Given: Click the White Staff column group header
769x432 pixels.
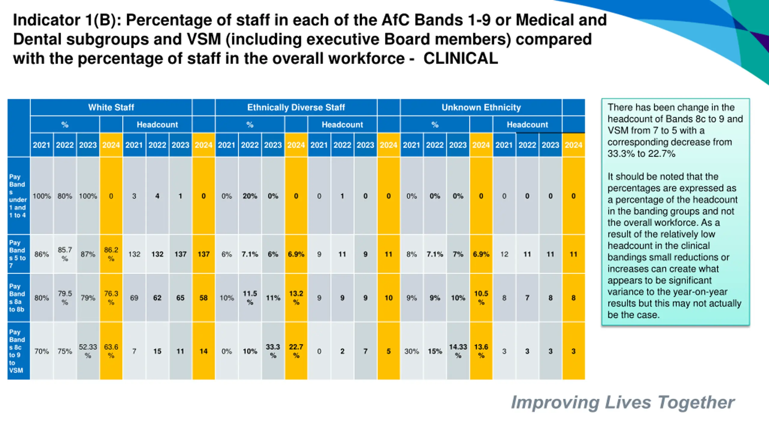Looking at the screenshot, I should (111, 107).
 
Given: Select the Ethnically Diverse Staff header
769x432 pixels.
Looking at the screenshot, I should (296, 107).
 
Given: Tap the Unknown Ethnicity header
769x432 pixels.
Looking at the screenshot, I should (481, 107).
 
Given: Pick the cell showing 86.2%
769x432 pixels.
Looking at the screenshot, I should (111, 254).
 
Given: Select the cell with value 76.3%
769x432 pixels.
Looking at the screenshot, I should (111, 298).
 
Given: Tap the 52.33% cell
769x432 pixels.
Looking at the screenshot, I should (88, 351).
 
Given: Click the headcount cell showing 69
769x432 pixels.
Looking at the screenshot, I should (134, 298).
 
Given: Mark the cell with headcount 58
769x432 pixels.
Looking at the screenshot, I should (203, 298).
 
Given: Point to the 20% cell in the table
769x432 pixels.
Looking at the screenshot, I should (250, 196).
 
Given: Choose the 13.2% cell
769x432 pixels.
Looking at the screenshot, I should (296, 298).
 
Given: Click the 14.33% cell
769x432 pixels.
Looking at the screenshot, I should (458, 351).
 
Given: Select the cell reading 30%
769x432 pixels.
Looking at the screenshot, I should (411, 351).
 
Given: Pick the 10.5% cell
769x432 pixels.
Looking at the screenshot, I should (481, 298).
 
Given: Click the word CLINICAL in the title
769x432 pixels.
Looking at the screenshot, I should (460, 58).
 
